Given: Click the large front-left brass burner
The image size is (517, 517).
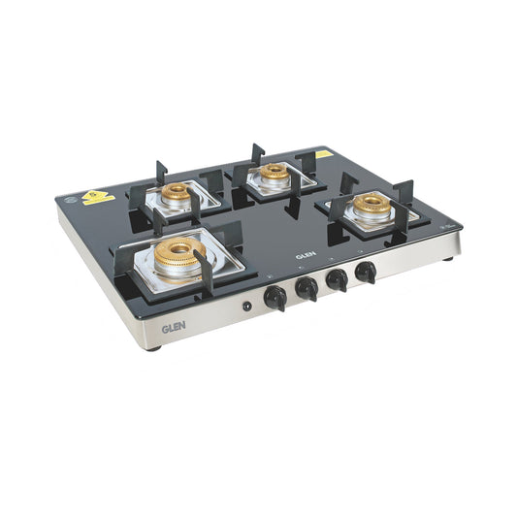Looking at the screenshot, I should [x=177, y=256].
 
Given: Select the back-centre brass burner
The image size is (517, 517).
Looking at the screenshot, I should [x=274, y=173].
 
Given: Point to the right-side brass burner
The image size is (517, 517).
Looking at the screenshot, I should [x=371, y=203].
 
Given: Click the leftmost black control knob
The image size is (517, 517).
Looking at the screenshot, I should [x=275, y=295].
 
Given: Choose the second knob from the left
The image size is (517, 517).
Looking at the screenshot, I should [x=307, y=287].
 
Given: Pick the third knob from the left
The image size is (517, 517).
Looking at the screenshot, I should [x=338, y=278].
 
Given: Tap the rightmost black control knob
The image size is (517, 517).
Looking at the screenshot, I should [x=366, y=271].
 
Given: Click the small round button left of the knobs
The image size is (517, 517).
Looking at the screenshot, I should [x=246, y=307].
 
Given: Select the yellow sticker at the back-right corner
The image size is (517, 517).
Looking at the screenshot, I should [x=323, y=153].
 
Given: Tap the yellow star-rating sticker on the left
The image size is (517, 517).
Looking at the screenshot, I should [x=97, y=197].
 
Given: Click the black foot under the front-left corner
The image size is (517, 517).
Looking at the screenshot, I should [x=154, y=346].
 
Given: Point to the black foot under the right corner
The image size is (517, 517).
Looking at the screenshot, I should [x=447, y=258].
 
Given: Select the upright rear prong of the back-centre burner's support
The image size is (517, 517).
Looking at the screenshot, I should [x=258, y=153].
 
